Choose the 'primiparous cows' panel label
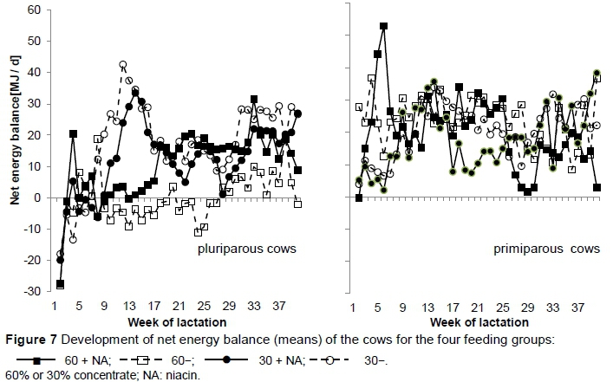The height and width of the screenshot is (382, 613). click(546, 249)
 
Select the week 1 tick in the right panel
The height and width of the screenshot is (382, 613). click(354, 307)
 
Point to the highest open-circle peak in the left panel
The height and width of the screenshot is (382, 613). click(123, 65)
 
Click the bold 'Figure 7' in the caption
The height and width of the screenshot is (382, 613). click(26, 339)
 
